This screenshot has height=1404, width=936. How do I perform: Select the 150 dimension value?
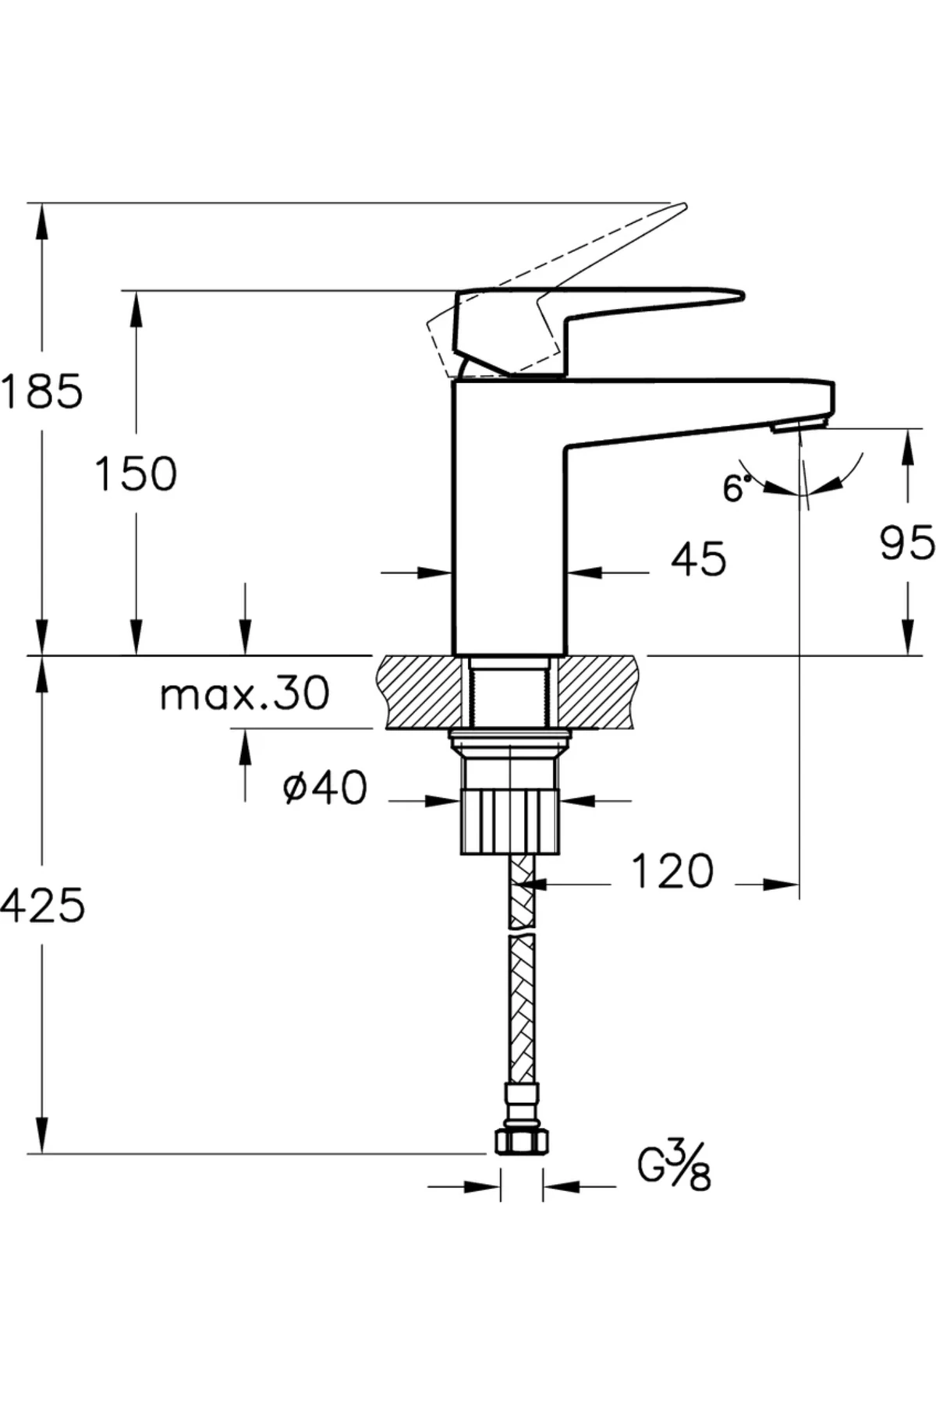pyautogui.click(x=136, y=473)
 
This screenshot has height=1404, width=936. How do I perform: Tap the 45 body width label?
pyautogui.click(x=698, y=559)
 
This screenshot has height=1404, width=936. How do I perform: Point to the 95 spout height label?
pyautogui.click(x=906, y=543)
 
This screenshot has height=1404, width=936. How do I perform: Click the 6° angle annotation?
pyautogui.click(x=736, y=489)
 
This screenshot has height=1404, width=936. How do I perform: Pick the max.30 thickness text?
pyautogui.click(x=244, y=693)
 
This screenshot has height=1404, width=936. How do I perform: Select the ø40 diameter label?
pyautogui.click(x=324, y=789)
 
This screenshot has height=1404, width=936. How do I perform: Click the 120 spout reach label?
pyautogui.click(x=672, y=871)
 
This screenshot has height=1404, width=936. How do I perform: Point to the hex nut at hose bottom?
pyautogui.click(x=522, y=1143)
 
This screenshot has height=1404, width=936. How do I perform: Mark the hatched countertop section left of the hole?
pyautogui.click(x=421, y=692)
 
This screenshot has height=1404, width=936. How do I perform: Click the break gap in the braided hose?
pyautogui.click(x=522, y=931)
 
